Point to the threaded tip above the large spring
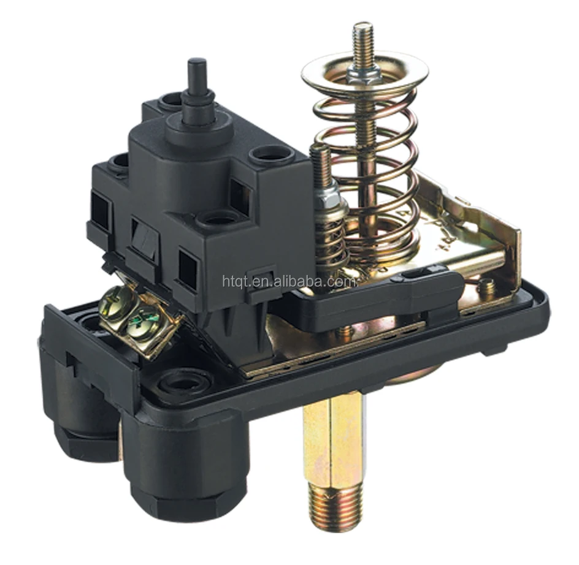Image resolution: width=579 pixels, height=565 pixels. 362,40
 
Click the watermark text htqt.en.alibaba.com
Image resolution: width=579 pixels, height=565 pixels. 289,281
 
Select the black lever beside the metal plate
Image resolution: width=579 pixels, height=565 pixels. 380,300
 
